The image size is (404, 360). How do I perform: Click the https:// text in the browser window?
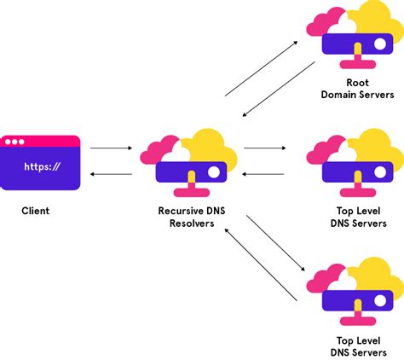41,167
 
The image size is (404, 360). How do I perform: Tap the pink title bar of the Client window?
41,141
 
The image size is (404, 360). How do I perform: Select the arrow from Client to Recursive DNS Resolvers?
111,148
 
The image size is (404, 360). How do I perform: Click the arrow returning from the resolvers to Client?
111,176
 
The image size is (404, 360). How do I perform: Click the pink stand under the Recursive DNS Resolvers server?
191,184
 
